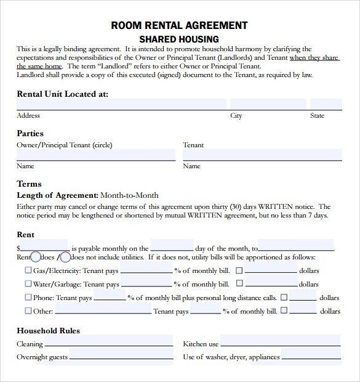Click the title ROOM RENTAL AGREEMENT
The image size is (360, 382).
click(179, 25)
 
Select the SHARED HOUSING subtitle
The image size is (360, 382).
click(179, 38)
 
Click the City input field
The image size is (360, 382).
click(268, 104)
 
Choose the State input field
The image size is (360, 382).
click(326, 104)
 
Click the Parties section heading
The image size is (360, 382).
click(30, 133)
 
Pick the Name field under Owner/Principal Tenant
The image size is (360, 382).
click(95, 155)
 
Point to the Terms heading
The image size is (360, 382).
click(29, 184)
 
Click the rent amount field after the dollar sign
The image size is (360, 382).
click(44, 246)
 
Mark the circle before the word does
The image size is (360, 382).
click(36, 257)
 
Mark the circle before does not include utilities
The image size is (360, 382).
click(65, 257)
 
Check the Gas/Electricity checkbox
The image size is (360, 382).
click(28, 270)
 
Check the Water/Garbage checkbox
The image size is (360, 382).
click(28, 284)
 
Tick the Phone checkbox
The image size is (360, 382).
click(28, 298)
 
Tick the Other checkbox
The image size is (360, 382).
click(28, 311)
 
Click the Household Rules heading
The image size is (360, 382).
click(48, 330)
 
